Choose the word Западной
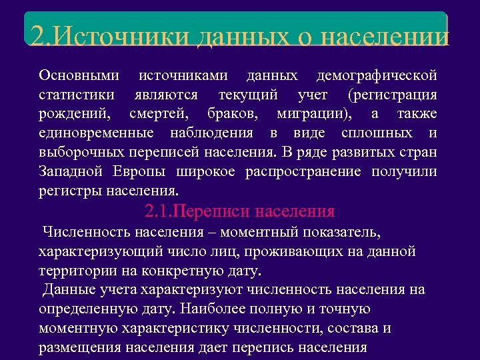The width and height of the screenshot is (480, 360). coord(71,171)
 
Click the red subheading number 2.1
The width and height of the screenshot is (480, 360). coord(158,212)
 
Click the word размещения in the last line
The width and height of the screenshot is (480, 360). coord(77,348)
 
